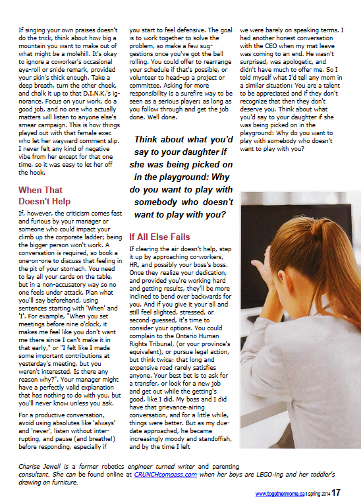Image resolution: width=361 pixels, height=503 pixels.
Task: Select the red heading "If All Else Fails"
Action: (159, 237)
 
